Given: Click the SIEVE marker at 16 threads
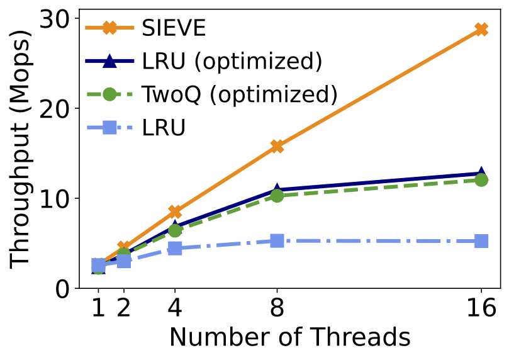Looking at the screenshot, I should [481, 30].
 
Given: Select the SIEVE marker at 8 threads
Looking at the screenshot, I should [277, 146].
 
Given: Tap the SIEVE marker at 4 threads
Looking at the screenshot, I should [175, 211].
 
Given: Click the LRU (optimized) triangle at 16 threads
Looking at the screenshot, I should [481, 173].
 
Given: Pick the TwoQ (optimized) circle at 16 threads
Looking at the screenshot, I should [481, 180].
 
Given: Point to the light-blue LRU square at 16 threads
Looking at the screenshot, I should [481, 241].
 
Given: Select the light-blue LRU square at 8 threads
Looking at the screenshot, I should [277, 240].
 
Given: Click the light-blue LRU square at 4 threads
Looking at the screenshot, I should [175, 249].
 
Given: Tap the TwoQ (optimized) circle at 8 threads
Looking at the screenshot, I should [277, 196].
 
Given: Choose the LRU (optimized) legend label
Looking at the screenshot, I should [232, 62].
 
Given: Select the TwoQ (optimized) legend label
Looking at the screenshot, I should [240, 95].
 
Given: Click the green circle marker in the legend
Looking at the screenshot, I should [109, 95].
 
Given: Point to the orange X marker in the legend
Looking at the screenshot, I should [109, 28].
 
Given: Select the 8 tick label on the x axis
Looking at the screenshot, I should [277, 310].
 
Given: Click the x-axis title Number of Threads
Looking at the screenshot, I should [289, 338].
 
